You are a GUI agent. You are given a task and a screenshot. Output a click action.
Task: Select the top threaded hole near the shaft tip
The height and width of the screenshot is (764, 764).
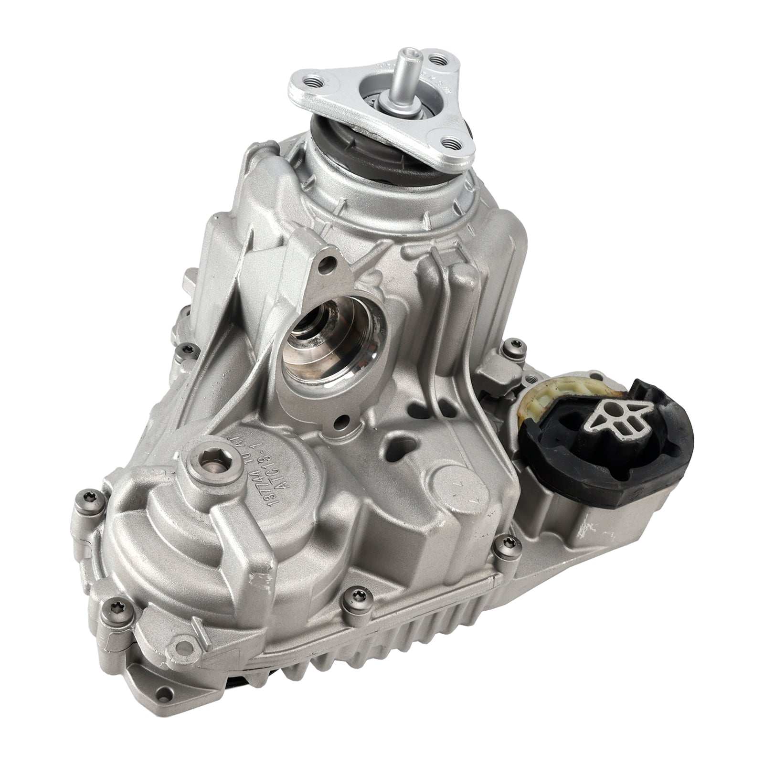click(x=435, y=59)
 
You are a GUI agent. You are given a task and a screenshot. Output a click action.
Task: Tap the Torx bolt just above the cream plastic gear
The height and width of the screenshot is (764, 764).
click(x=514, y=344)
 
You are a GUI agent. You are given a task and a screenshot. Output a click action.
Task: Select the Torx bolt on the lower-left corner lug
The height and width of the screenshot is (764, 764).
click(x=115, y=606)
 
